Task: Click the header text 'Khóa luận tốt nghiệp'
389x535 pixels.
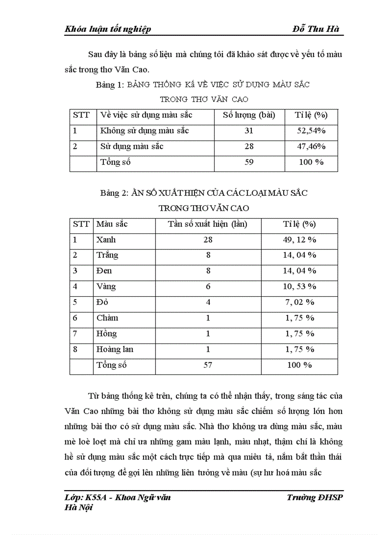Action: pos(107,30)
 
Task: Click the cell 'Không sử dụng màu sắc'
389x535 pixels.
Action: pos(144,131)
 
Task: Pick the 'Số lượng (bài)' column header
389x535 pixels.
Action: pos(249,115)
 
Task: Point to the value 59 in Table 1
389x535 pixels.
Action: pos(249,162)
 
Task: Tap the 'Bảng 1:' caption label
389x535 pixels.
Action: pos(110,85)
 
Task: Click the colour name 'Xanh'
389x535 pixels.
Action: pos(106,240)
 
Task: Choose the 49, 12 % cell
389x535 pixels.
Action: pos(299,240)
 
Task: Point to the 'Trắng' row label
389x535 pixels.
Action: pos(107,255)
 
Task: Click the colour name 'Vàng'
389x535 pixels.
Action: pos(106,287)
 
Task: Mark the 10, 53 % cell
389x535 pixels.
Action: pos(299,287)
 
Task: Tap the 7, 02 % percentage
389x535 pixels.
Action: pos(299,303)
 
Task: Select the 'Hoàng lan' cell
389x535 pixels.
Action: pos(115,350)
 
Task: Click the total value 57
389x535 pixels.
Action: pos(208,365)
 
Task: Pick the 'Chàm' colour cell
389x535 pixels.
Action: pos(107,318)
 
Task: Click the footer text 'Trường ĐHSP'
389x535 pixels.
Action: pos(315,498)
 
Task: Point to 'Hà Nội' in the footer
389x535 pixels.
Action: pos(78,508)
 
